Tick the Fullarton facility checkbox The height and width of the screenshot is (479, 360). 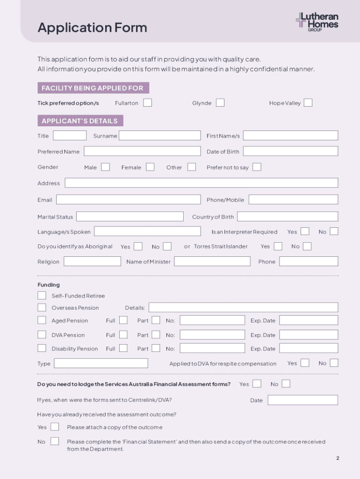pos(147,102)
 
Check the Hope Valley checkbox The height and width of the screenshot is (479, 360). pos(308,102)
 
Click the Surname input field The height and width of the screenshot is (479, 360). pos(159,136)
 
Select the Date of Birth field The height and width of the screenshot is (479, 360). pos(290,151)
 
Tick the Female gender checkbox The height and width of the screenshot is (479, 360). pos(150,167)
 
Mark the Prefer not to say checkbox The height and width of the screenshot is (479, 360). pos(257,167)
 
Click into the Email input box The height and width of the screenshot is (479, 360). pos(128,200)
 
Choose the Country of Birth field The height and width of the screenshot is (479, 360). pos(288,217)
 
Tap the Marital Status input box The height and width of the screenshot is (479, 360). pos(130,217)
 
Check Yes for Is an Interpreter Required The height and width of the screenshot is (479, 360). pos(305,232)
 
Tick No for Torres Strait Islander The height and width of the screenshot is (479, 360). pos(307,246)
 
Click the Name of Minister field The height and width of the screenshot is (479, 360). pos(212,261)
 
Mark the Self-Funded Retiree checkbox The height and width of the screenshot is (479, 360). pos(42,296)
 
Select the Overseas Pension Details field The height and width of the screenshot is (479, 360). pos(243,307)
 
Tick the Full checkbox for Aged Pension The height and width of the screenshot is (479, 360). pos(123,320)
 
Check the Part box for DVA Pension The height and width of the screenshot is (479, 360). pos(156,335)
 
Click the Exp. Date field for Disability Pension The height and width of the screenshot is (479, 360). pos(309,348)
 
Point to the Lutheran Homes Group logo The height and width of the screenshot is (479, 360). pos(317,22)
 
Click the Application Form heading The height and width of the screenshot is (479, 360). pos(92,28)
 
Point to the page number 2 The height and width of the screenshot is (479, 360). pos(338,458)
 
